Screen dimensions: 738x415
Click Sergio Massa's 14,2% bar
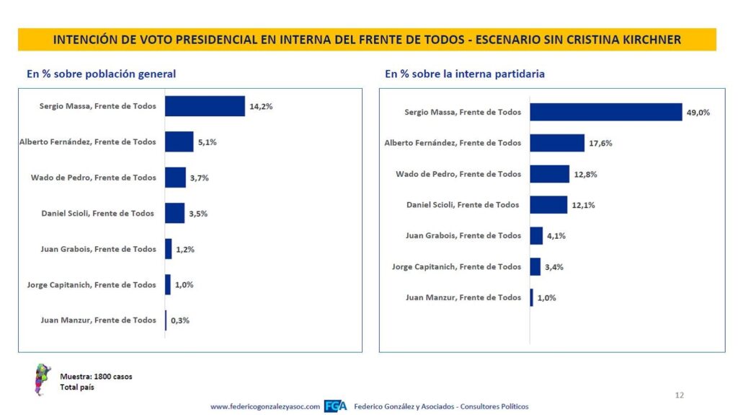coord(205,106)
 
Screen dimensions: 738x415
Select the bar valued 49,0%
coord(605,113)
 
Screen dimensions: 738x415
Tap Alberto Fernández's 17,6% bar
coord(557,143)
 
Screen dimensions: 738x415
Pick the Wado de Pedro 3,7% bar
coord(175,178)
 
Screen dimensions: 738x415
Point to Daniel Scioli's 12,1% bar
coord(548,205)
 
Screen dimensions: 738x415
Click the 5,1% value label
coord(207,142)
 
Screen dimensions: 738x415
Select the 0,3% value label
coord(179,320)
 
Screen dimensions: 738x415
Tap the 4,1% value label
coord(556,236)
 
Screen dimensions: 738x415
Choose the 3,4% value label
coord(554,267)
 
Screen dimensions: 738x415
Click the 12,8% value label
coord(585,175)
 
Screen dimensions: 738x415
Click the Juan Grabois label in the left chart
coord(98,249)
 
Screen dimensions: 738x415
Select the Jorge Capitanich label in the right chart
coord(456,267)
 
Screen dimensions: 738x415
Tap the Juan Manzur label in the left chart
coord(98,320)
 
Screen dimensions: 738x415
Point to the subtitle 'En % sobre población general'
coord(101,74)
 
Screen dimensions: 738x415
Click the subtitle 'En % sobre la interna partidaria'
coord(465,74)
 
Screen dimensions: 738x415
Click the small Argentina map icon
coord(42,380)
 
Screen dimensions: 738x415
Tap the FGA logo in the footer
coord(335,406)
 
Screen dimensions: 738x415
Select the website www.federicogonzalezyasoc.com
coord(265,406)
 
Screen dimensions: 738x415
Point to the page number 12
coord(679,396)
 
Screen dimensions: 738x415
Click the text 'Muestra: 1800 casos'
coord(96,376)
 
